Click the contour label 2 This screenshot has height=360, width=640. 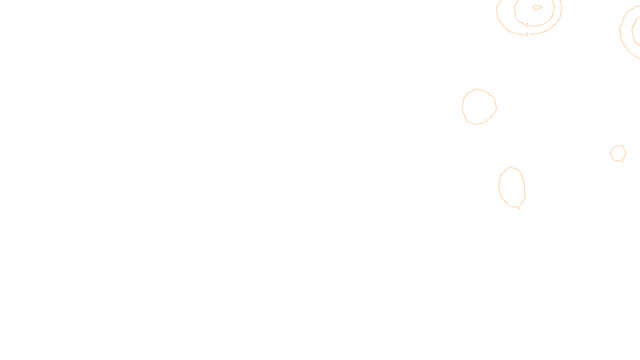point(527,25)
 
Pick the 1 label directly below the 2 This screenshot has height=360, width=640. point(527,34)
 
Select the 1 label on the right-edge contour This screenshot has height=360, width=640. point(620,29)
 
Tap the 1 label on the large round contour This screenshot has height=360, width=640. point(486,120)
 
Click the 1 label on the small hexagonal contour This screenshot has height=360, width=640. point(622,161)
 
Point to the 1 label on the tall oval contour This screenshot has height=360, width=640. point(518,208)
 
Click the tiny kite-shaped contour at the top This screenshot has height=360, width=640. point(537,7)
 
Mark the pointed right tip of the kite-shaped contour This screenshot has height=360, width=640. point(542,6)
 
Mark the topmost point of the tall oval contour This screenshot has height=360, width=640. point(510,167)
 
